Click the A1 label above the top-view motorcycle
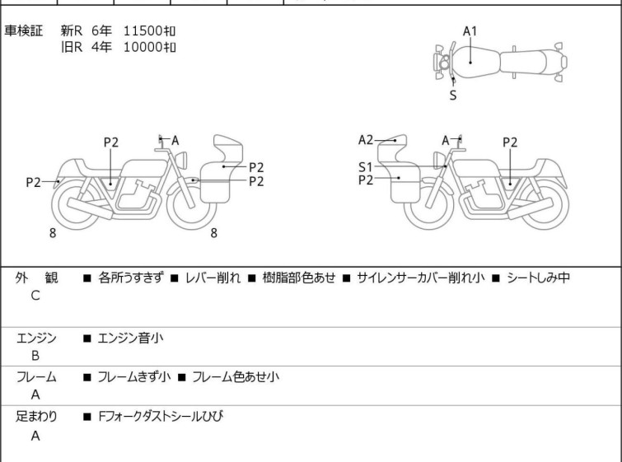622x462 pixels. coord(470,31)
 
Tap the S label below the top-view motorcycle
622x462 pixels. coord(453,95)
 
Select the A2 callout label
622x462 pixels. coord(366,140)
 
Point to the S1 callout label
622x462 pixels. coord(366,166)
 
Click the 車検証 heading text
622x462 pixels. coord(24,30)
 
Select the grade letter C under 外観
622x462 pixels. coord(35,296)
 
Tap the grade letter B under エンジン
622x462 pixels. coord(35,356)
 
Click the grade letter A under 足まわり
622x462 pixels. coord(35,436)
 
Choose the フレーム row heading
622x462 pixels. coord(36,377)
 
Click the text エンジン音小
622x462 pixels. coord(130,338)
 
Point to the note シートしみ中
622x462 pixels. coord(536,278)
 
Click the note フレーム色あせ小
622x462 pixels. coord(236,377)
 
